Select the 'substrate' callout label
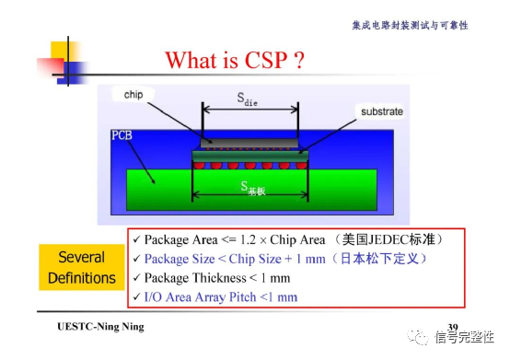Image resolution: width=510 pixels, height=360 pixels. [378, 111]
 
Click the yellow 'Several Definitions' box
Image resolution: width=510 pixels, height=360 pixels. [82, 267]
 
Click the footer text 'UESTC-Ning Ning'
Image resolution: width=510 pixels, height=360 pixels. [100, 329]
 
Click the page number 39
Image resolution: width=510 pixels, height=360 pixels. [452, 328]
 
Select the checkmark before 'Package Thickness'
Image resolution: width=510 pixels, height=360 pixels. [135, 277]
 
